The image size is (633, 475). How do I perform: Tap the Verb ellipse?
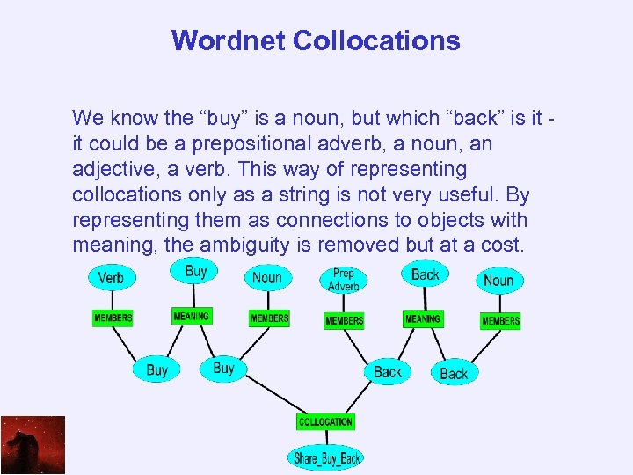tap(112, 278)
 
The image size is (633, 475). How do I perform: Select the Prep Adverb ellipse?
tap(344, 280)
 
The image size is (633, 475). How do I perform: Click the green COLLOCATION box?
tap(325, 422)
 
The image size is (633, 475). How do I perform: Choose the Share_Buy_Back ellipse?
tap(326, 457)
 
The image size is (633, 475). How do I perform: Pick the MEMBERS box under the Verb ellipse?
tap(113, 318)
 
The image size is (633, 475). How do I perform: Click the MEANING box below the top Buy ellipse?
tap(192, 316)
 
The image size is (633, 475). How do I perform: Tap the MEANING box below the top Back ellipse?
tap(423, 318)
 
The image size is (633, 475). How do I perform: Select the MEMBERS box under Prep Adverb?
tap(344, 320)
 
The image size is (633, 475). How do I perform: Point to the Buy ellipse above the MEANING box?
tap(195, 271)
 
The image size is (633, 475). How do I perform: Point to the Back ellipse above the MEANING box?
tap(425, 274)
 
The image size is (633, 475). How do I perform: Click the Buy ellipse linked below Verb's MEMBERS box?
tap(156, 369)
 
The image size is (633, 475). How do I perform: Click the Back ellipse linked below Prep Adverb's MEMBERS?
tap(387, 371)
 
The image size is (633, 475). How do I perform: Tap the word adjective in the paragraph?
tap(112, 168)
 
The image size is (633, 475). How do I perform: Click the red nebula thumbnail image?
tap(33, 445)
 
